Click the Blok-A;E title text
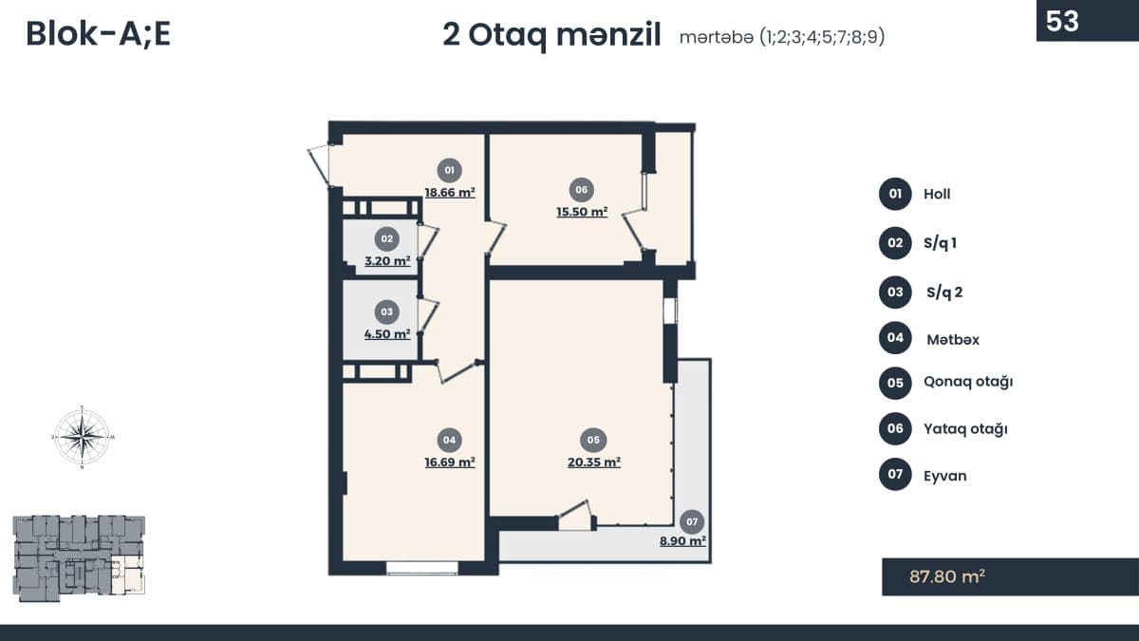coord(98,33)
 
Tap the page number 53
coord(1062,21)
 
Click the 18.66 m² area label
coord(450,192)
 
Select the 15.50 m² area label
coord(582,212)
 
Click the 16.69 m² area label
coord(450,462)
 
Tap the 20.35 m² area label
coord(593,462)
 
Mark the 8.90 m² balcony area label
coord(683,541)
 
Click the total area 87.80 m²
coord(946,575)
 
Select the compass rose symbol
coord(83,436)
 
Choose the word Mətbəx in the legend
coord(952,339)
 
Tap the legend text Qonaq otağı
coord(968,382)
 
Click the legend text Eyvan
coord(944,476)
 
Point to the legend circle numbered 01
coord(894,194)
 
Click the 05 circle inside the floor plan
coord(593,440)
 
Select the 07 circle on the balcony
coord(692,521)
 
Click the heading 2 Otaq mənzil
coord(551,35)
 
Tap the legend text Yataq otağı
coord(965,428)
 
